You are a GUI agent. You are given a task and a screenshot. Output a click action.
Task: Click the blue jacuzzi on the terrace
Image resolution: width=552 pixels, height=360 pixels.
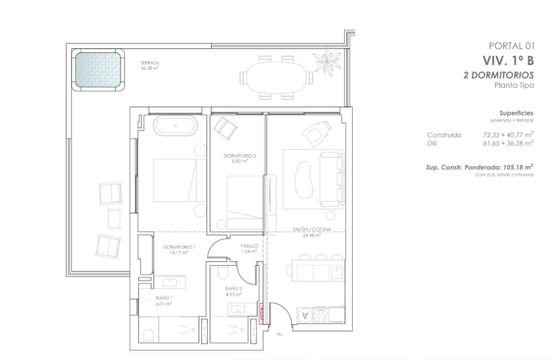98,70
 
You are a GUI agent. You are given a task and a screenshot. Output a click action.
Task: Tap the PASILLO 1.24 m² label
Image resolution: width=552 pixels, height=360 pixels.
249,249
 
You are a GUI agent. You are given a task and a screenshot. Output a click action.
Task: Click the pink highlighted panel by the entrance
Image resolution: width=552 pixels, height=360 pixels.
261,314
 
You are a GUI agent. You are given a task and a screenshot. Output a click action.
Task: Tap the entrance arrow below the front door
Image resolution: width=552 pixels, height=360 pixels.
278,333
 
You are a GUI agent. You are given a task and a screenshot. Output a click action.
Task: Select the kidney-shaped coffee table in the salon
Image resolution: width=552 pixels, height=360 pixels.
304,177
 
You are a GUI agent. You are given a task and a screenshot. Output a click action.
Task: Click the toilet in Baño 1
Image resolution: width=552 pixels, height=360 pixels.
149,335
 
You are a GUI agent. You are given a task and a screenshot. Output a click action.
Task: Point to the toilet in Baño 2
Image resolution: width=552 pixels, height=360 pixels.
221,274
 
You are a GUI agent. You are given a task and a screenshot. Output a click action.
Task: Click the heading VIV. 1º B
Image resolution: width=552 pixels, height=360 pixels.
508,60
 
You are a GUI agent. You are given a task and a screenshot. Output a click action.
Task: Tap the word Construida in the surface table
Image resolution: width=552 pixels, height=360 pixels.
444,135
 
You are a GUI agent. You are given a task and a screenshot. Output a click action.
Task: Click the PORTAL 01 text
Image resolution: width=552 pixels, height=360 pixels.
511,46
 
